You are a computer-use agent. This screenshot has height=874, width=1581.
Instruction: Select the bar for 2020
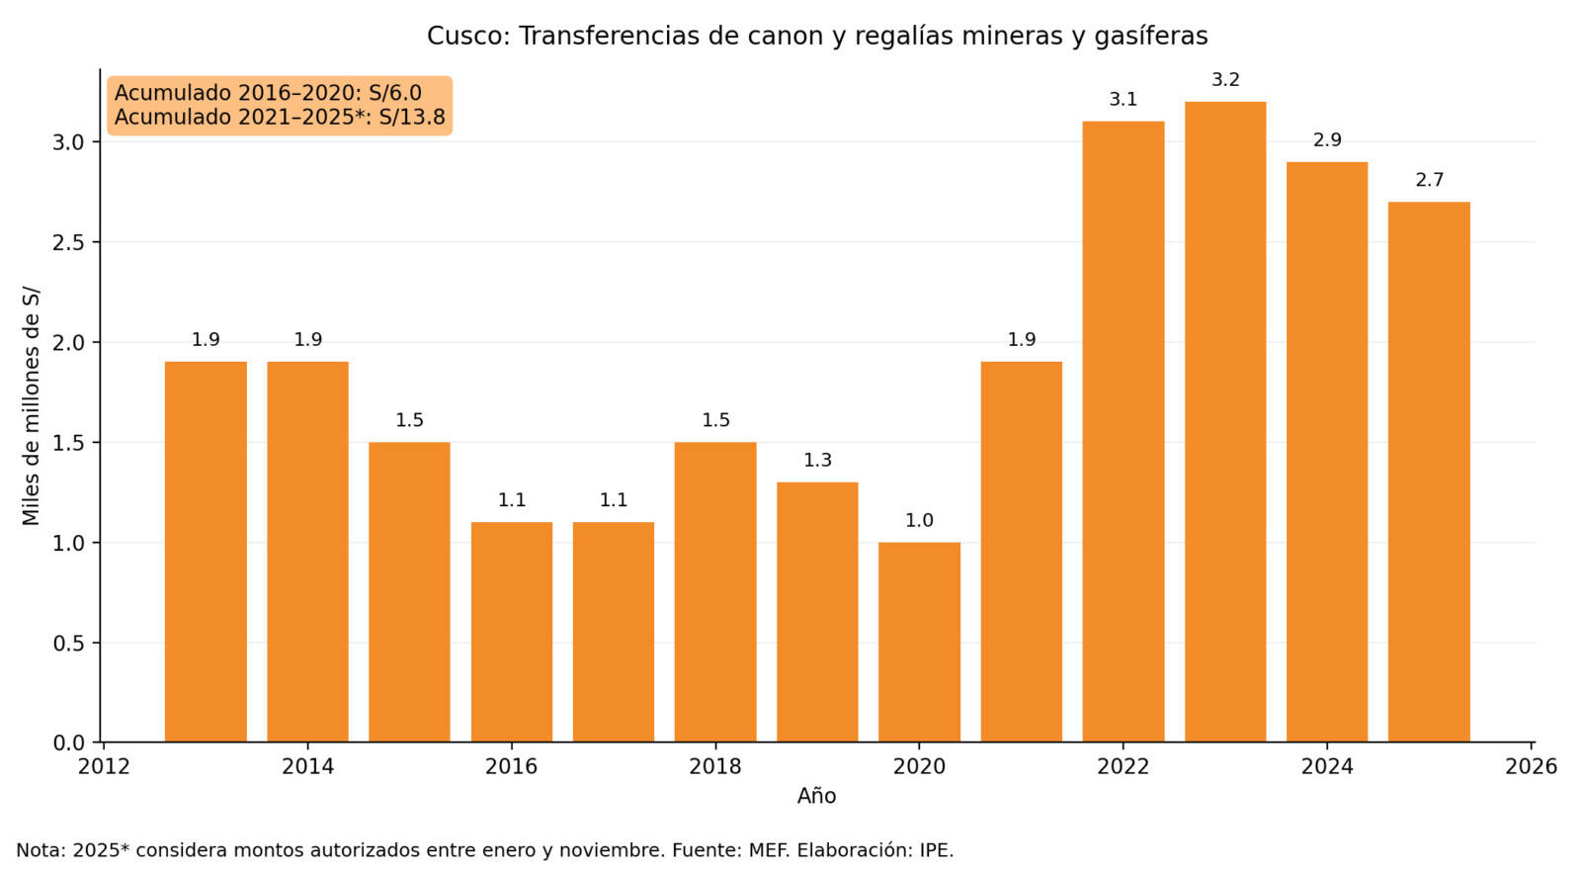tap(919, 643)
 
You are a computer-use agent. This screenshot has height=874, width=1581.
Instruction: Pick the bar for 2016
tap(512, 633)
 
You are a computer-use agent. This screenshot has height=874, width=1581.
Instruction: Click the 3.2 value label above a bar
tap(1225, 80)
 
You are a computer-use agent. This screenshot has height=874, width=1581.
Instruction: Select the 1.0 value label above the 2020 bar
tap(919, 521)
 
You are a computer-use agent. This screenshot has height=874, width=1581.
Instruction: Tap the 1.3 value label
tap(817, 461)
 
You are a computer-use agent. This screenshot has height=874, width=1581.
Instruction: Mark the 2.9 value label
tap(1327, 140)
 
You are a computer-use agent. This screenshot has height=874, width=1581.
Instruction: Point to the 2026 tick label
tap(1531, 767)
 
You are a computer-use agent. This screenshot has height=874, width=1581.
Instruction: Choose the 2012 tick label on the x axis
tap(104, 767)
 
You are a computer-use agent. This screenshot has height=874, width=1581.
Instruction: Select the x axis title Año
tap(816, 797)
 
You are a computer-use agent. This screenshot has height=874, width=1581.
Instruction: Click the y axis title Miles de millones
tap(31, 406)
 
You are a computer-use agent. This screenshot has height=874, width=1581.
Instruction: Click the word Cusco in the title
tap(468, 37)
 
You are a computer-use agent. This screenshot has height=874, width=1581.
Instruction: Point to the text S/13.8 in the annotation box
tap(411, 118)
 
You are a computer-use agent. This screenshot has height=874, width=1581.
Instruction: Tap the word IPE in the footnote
tap(935, 850)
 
